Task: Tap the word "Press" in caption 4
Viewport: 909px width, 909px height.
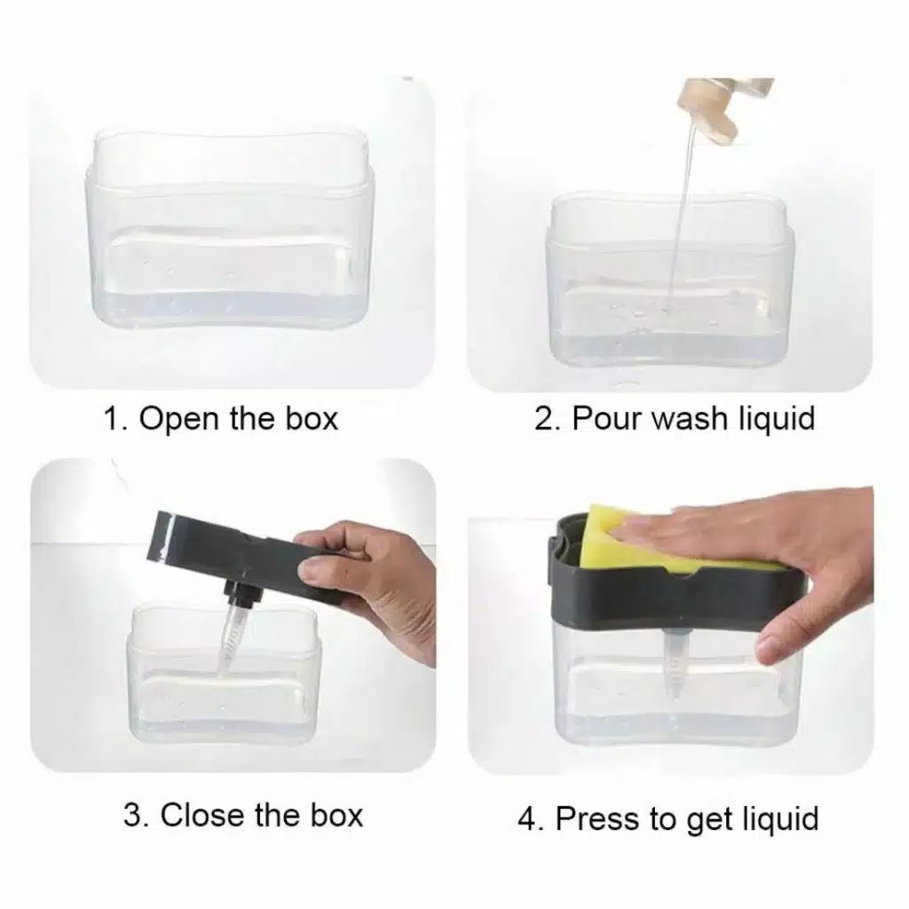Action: tap(598, 818)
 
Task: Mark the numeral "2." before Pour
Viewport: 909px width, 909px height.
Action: tap(548, 419)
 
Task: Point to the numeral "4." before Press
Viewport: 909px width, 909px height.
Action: tap(533, 818)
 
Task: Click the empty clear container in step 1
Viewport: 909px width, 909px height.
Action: tap(229, 229)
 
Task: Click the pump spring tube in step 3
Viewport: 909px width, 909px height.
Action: tap(232, 644)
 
